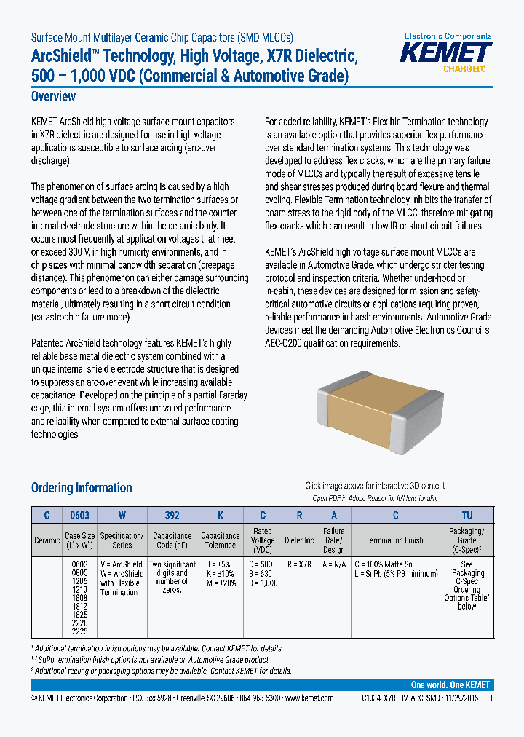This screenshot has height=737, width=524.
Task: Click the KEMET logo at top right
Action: [448, 52]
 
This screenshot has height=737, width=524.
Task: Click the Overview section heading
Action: [53, 97]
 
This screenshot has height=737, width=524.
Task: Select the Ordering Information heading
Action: [82, 488]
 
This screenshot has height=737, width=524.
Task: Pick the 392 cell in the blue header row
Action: [172, 515]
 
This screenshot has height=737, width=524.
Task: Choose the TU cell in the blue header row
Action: [467, 515]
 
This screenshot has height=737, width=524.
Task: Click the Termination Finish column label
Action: [394, 540]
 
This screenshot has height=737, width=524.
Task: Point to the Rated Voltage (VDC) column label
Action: [263, 540]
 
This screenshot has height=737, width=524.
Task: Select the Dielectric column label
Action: [299, 540]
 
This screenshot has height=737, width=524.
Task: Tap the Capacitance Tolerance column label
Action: [220, 540]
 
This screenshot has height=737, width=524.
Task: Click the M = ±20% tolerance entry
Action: [220, 583]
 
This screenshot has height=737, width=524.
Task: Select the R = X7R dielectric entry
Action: [299, 564]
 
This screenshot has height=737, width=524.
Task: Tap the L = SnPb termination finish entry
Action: [395, 573]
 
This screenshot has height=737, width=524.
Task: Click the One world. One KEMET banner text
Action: [450, 685]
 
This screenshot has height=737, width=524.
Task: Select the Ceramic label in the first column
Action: [47, 540]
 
